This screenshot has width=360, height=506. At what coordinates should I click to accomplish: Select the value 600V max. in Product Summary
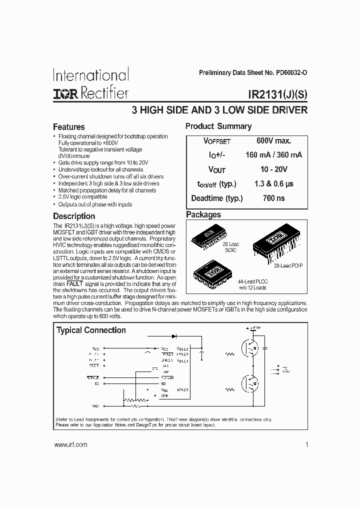tap(273, 141)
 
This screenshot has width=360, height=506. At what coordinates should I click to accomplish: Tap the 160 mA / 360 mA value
tap(273, 155)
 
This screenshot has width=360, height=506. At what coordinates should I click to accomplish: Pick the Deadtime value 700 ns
tap(273, 198)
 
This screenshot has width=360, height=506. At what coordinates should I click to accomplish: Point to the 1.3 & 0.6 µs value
tap(273, 183)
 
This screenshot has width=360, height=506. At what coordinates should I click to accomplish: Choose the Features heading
tap(69, 127)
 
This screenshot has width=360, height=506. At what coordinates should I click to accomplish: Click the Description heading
tap(74, 216)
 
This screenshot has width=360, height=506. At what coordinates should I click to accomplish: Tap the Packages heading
tap(203, 214)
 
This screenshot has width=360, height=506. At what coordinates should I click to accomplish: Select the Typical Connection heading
tap(91, 330)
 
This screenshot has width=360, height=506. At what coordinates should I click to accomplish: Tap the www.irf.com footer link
tap(70, 444)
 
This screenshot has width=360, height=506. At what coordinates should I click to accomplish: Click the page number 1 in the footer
tap(305, 444)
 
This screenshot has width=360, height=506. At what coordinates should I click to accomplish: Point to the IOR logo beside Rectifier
tap(65, 93)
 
